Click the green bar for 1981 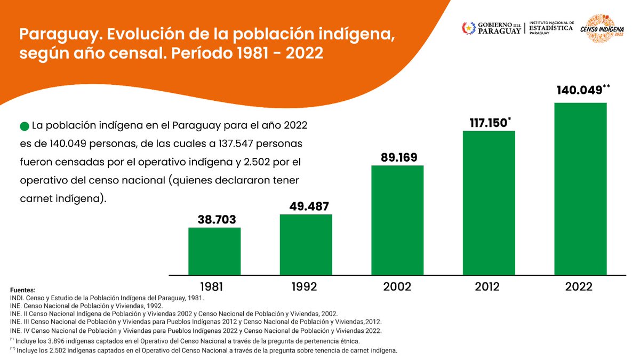[214, 251]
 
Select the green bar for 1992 [306, 244]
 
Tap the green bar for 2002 [397, 220]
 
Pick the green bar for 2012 [489, 203]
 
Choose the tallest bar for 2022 [580, 188]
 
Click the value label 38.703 [214, 219]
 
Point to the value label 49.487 [306, 206]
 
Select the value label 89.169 [397, 157]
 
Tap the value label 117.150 [486, 123]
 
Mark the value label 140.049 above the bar [579, 90]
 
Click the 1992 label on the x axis [306, 287]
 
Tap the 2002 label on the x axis [397, 287]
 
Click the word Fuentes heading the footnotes [23, 290]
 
